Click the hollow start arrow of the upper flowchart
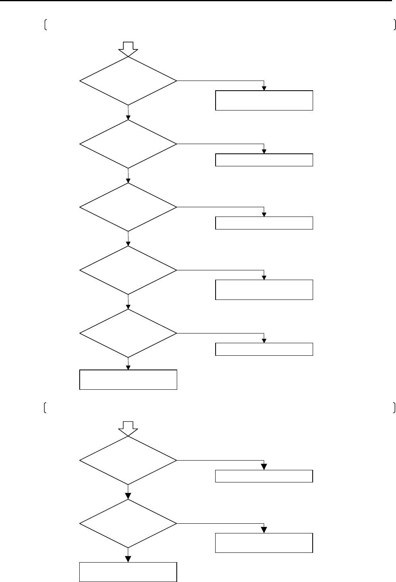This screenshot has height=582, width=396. tap(128, 47)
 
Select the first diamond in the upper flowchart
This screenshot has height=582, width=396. tap(128, 81)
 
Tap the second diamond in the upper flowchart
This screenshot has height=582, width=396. tap(128, 144)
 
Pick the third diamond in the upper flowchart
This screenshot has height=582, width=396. tap(128, 207)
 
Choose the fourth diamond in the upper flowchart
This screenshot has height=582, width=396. tap(128, 270)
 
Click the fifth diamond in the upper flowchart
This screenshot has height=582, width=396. tap(128, 333)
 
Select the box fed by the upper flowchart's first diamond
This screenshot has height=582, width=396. tap(264, 100)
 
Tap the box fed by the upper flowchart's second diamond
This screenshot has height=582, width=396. tap(264, 160)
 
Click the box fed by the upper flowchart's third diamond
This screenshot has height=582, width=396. tap(264, 223)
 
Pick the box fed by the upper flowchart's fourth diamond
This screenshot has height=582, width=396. tap(264, 289)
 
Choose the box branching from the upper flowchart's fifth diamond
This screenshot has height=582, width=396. tap(264, 349)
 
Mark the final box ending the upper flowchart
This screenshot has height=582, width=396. tap(128, 379)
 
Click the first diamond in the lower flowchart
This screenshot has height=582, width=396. tap(128, 461)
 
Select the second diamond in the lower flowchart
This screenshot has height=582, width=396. tap(128, 524)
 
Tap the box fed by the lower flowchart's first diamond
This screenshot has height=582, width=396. tap(264, 476)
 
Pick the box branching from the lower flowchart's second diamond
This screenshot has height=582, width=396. tap(264, 543)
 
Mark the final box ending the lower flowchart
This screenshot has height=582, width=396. tap(128, 572)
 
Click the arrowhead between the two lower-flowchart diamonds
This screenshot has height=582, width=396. tap(128, 496)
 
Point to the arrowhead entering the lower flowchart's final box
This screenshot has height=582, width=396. tap(128, 559)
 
